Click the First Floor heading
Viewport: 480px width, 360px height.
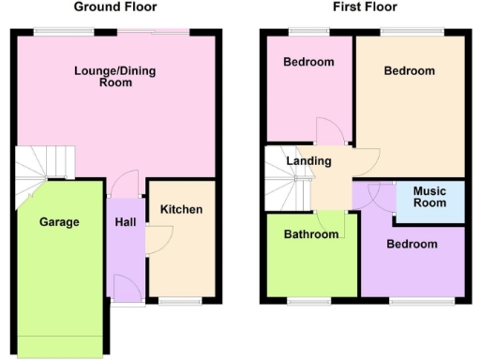coord(365,7)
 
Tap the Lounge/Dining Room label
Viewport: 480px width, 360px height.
coord(117,76)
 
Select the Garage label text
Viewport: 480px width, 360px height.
coord(59,222)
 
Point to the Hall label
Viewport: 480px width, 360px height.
coord(126,222)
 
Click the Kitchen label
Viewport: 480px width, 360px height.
coord(181,209)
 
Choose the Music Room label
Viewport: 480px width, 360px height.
coord(430,197)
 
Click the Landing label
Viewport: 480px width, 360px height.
coord(308,161)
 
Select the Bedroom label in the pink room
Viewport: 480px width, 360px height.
coord(308,63)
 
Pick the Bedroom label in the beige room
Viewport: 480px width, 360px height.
coord(409,71)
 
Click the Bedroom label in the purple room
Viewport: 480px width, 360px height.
coord(412,244)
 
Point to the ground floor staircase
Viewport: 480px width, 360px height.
coord(45,167)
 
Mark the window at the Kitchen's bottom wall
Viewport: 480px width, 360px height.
coord(180,302)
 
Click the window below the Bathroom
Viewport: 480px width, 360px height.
coord(307,302)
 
